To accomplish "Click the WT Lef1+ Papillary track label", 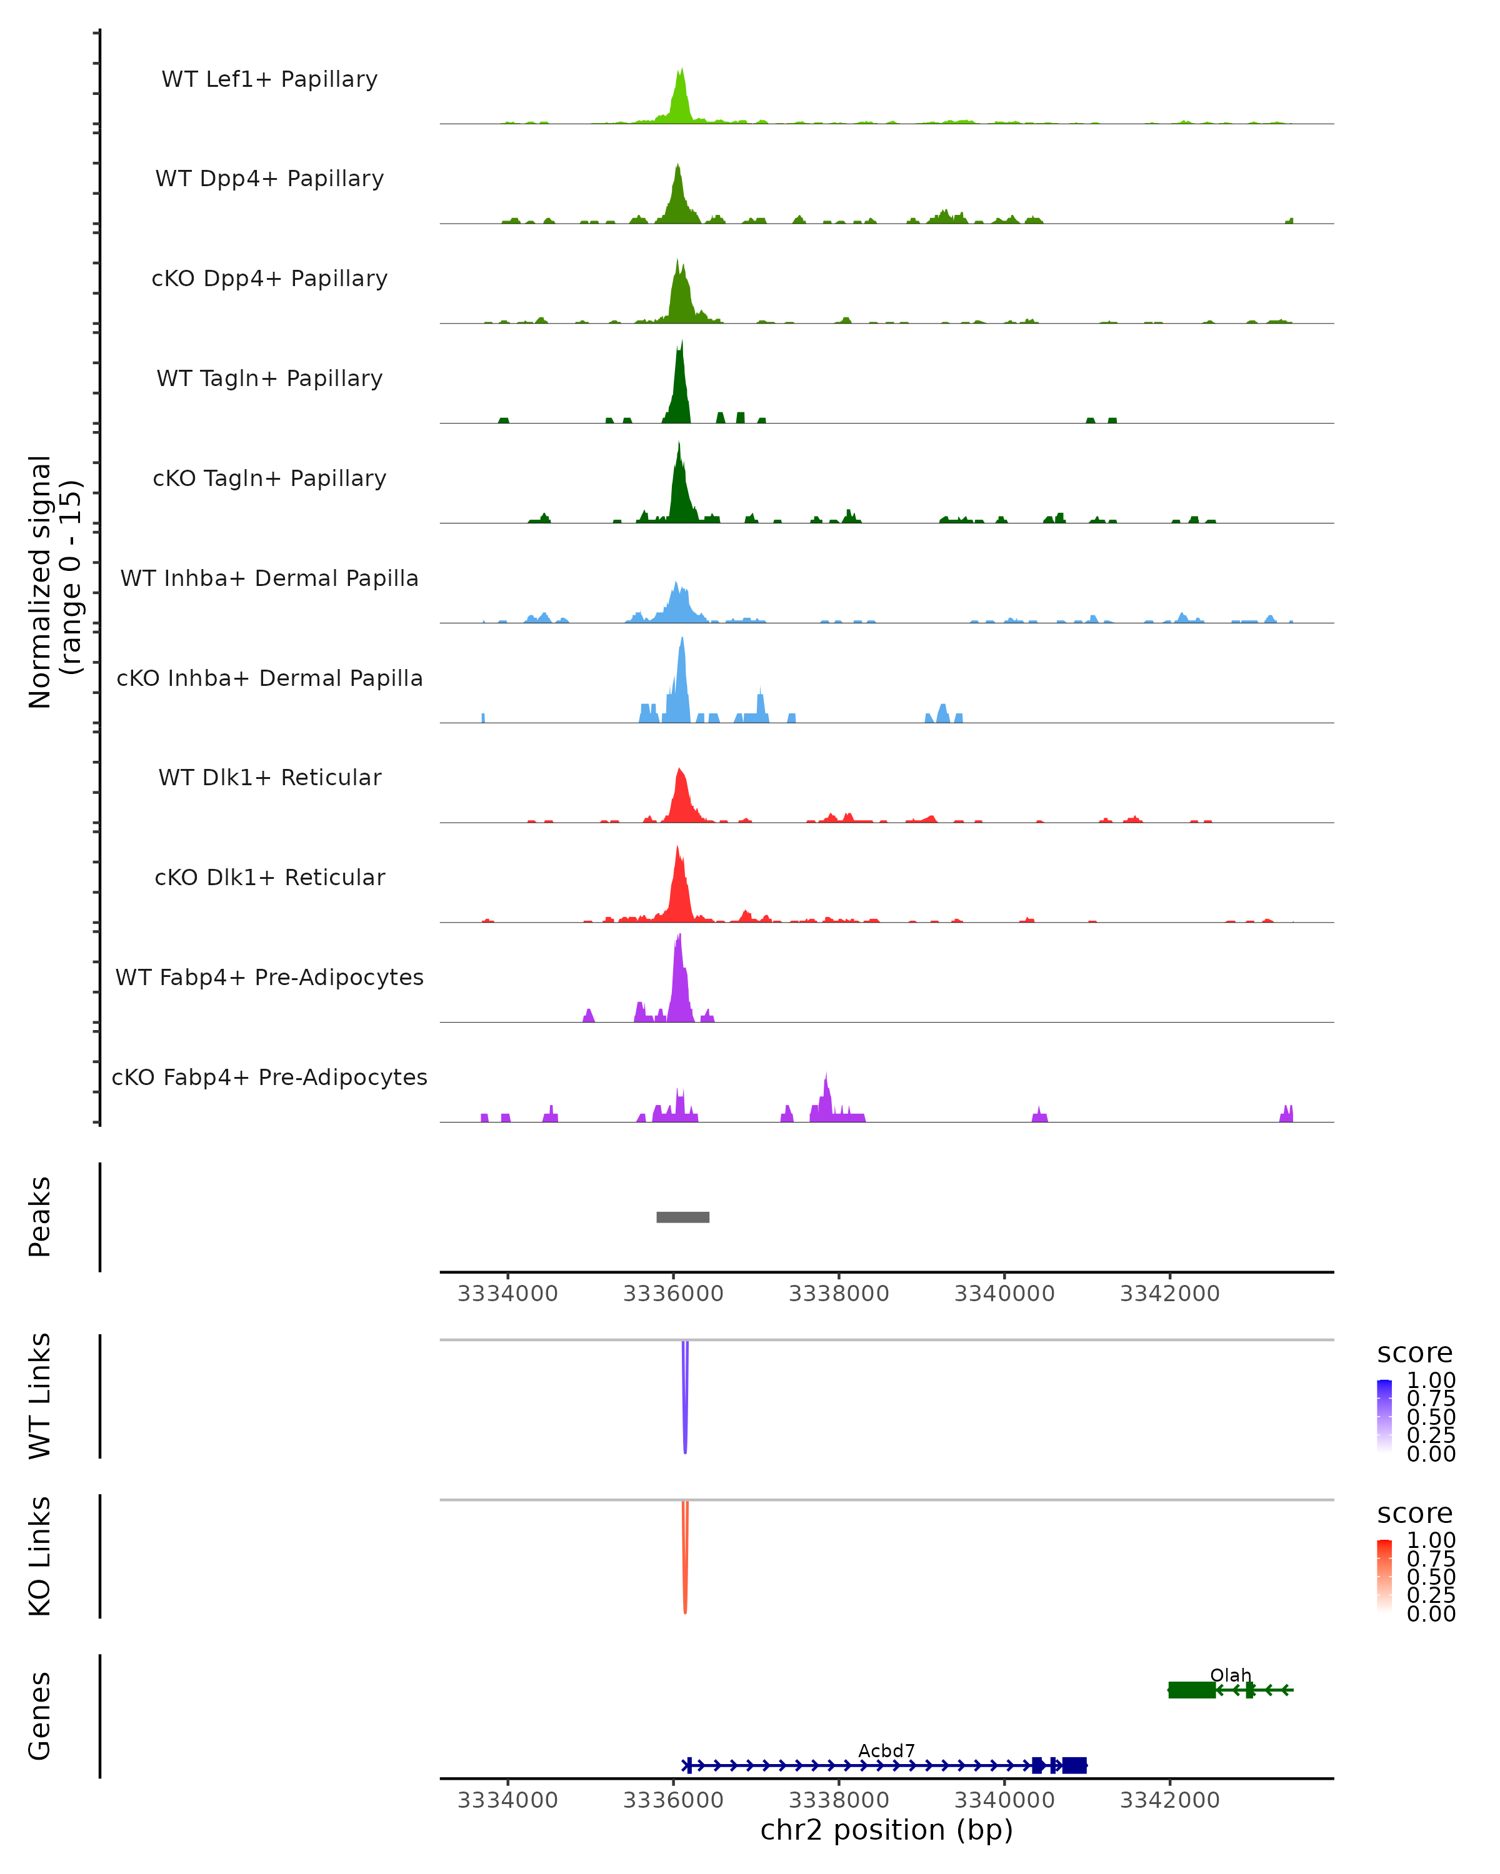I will tap(269, 79).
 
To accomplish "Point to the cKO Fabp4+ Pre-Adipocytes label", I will tap(269, 1077).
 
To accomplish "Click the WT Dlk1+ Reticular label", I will tap(269, 777).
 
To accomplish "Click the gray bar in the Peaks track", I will tap(682, 1217).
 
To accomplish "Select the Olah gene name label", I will tap(1231, 1675).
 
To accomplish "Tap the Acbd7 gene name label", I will tap(886, 1750).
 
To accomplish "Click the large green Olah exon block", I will tap(1191, 1690).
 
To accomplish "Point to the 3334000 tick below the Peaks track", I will tap(508, 1294).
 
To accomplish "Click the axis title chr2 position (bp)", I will tap(886, 1830).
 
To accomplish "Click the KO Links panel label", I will tap(40, 1556).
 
